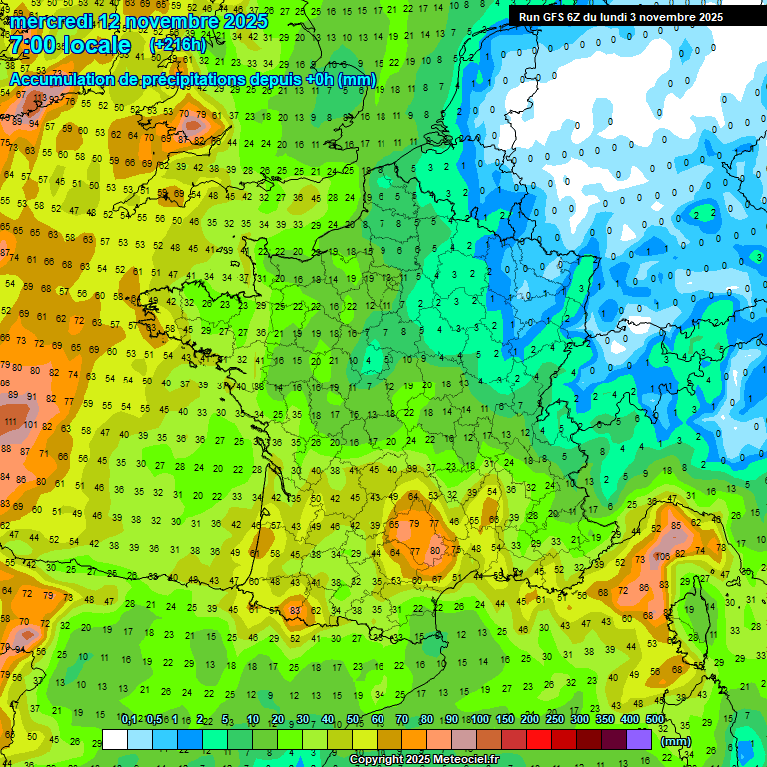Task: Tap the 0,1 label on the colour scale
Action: click(128, 720)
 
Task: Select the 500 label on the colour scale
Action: click(655, 720)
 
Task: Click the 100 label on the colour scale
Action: click(480, 720)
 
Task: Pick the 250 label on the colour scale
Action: click(555, 720)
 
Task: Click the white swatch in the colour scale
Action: click(115, 739)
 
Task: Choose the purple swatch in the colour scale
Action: click(639, 739)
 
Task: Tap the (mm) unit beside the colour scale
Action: click(677, 741)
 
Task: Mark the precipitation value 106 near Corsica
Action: click(662, 555)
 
